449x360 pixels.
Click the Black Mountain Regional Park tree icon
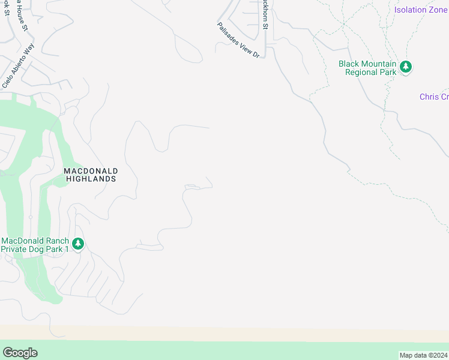coord(406,67)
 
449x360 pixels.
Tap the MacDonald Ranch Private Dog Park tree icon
coord(77,244)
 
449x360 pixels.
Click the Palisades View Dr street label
coord(238,40)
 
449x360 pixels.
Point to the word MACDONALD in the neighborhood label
coord(91,171)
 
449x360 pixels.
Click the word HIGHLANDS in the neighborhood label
coord(91,179)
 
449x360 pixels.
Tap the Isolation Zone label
coord(421,10)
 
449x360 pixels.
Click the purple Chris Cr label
coord(433,97)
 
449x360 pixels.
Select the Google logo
coord(20,352)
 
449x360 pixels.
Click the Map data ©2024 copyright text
coord(423,355)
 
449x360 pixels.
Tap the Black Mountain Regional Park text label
coord(367,68)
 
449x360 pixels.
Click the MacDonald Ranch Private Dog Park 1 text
coord(36,245)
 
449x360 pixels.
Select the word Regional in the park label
coord(363,72)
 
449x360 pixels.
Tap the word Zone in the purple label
coord(438,10)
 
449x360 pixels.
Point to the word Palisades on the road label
coord(229,32)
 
